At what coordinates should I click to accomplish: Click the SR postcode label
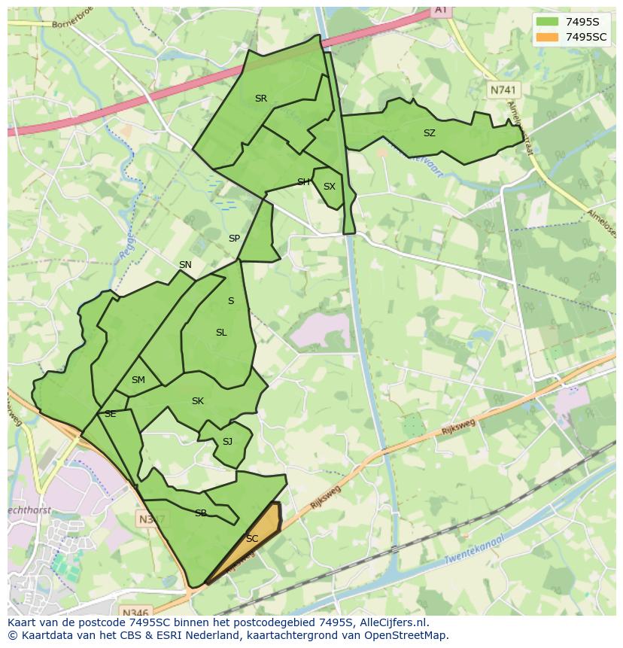click(260, 99)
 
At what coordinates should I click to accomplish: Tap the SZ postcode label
click(429, 133)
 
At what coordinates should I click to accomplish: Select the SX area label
click(329, 187)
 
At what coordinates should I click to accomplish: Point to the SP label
click(234, 239)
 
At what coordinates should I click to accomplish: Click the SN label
click(185, 265)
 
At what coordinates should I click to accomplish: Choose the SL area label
click(220, 333)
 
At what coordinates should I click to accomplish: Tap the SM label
click(138, 380)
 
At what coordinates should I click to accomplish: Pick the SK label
click(197, 401)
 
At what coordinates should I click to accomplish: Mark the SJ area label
click(227, 442)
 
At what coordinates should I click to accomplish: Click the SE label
click(110, 414)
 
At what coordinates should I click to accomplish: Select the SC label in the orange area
click(252, 539)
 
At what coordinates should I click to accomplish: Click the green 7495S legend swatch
click(547, 21)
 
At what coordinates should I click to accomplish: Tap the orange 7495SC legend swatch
click(547, 37)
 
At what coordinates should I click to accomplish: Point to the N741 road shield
click(503, 90)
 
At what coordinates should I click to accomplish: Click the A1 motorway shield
click(440, 10)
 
